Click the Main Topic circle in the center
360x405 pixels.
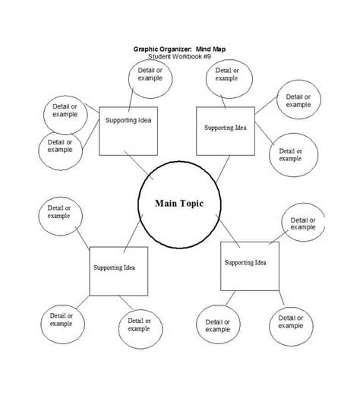pyautogui.click(x=180, y=204)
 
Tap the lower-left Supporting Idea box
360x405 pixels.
pyautogui.click(x=118, y=269)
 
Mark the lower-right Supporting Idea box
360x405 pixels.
pyautogui.click(x=249, y=264)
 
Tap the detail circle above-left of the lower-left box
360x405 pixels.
pyautogui.click(x=58, y=212)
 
